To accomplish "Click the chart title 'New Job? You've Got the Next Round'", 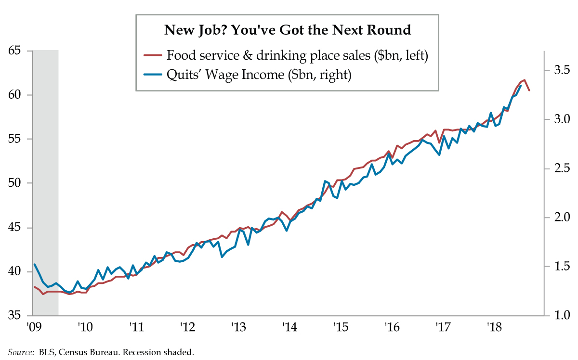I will [288, 30].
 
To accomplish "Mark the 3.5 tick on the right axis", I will [561, 70].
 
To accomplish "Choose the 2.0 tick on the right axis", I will [561, 218].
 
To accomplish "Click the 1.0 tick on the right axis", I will [561, 316].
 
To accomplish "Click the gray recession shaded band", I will [45, 183].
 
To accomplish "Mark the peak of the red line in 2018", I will [524, 80].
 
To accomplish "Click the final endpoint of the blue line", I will [521, 86].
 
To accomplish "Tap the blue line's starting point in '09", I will [34, 264].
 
